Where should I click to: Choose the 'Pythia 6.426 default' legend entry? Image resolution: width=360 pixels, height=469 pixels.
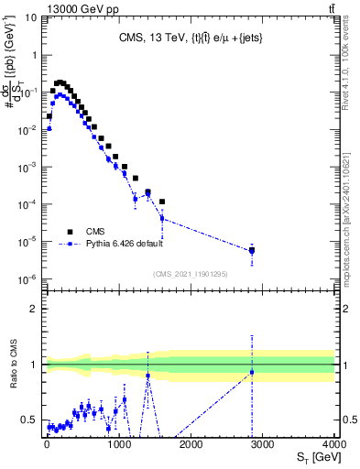111,245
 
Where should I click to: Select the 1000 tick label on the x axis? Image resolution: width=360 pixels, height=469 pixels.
117,444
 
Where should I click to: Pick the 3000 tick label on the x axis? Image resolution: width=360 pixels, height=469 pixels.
262,444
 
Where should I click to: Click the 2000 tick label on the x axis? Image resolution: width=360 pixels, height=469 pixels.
190,444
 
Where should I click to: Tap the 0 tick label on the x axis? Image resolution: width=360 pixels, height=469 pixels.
46,444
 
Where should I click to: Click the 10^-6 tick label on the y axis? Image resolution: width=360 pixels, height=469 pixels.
27,279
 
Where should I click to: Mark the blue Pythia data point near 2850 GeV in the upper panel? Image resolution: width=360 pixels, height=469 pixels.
252,251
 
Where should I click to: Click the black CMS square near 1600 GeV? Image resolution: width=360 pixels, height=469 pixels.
161,202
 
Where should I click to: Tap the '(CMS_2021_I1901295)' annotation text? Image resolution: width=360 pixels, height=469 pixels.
190,273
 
